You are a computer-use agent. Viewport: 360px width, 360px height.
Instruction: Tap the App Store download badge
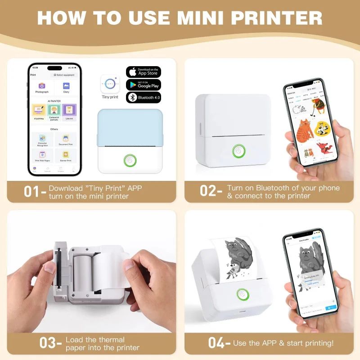tap(143, 72)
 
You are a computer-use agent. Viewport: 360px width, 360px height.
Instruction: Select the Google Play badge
tap(143, 84)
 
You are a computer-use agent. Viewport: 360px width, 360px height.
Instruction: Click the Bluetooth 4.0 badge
tap(143, 97)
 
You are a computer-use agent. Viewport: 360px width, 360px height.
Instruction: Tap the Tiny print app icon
tap(110, 84)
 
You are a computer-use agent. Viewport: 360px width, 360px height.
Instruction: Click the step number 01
tap(32, 191)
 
